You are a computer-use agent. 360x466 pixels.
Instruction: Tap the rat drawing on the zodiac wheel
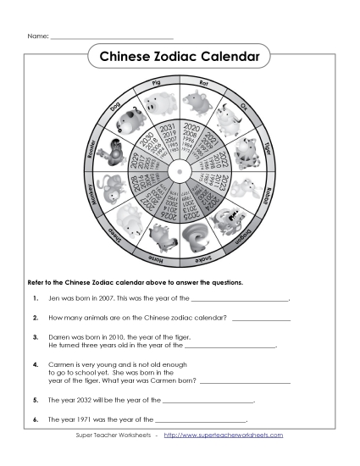[201, 106]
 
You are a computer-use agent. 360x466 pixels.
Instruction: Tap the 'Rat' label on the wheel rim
[203, 83]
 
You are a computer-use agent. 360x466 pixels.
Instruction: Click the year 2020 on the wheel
[191, 128]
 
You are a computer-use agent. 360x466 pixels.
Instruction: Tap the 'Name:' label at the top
[36, 37]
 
